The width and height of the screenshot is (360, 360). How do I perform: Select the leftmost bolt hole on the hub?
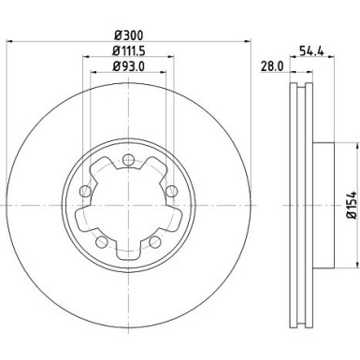pyautogui.click(x=87, y=193)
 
